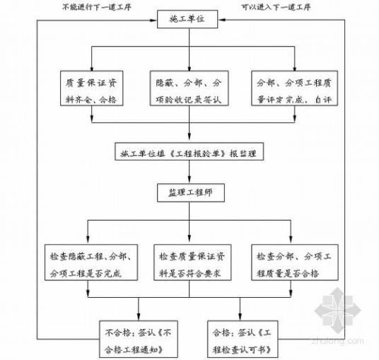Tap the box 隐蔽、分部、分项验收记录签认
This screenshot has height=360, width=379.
pyautogui.click(x=188, y=91)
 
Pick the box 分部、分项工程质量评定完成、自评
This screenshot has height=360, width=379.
pyautogui.click(x=286, y=91)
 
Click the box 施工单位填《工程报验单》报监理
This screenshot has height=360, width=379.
pyautogui.click(x=188, y=152)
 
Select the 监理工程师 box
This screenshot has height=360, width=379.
pyautogui.click(x=188, y=192)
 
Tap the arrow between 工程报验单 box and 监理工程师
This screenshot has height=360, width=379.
pyautogui.click(x=188, y=173)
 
